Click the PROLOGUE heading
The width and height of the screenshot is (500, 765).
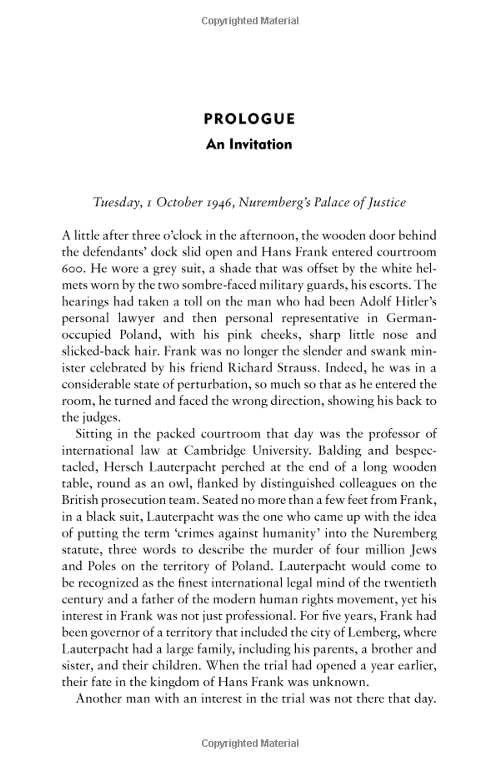[249, 119]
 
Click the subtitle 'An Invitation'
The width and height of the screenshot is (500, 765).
[249, 144]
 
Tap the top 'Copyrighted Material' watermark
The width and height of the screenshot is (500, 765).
[250, 21]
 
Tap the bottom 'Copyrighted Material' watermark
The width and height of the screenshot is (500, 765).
[250, 743]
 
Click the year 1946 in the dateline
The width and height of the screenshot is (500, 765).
[218, 203]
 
